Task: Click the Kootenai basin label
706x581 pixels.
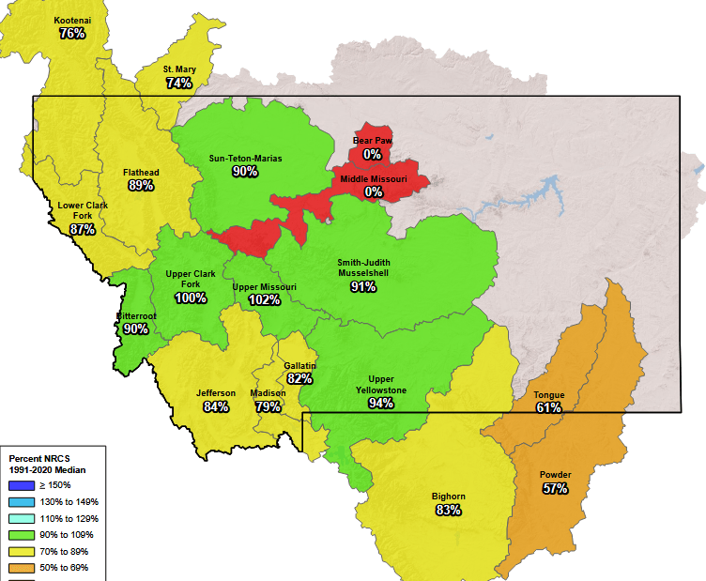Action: [x=72, y=20]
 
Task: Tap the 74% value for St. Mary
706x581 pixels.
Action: [x=178, y=83]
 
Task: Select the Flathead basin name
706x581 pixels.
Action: [x=141, y=173]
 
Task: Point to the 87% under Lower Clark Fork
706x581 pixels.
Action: [x=83, y=229]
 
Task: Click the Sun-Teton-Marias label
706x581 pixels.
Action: [x=245, y=159]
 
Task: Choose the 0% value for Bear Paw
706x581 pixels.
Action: [x=373, y=154]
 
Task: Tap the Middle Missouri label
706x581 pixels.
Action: [x=373, y=178]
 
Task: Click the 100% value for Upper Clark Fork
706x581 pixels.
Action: [x=191, y=298]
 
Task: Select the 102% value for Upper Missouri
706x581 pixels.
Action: [x=264, y=299]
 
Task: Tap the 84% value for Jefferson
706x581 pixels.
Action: [x=216, y=406]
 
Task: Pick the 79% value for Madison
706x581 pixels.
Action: [x=268, y=406]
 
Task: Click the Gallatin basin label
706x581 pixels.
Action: [x=300, y=365]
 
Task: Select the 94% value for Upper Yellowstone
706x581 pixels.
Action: [x=381, y=403]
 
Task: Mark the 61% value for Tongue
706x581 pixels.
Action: [x=549, y=407]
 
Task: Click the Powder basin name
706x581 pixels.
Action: [x=555, y=475]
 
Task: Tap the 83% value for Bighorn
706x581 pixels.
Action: [x=448, y=510]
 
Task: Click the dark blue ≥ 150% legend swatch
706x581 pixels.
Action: [x=21, y=485]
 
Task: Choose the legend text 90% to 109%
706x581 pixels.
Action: [x=68, y=535]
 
